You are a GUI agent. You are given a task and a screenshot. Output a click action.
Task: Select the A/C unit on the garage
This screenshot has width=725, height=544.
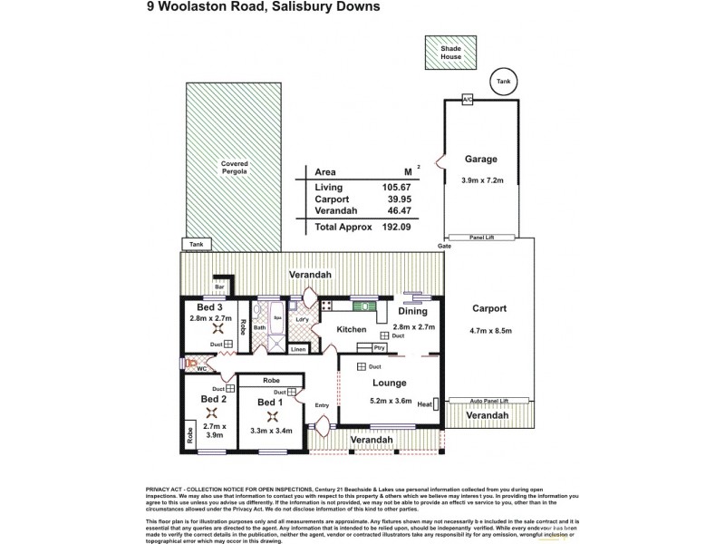coord(468,100)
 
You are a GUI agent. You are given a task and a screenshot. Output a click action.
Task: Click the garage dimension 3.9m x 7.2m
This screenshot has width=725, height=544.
coord(480,181)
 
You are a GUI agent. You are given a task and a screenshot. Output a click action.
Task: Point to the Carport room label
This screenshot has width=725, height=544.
coord(489,308)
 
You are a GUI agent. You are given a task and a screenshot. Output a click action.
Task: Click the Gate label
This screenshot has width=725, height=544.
coord(444,246)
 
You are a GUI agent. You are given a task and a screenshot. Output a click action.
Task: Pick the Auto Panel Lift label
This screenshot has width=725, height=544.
coord(489,400)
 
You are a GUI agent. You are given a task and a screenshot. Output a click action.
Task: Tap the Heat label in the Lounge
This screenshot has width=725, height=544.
coord(422,405)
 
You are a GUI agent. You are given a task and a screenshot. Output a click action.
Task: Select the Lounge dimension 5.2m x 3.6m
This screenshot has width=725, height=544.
coord(391,401)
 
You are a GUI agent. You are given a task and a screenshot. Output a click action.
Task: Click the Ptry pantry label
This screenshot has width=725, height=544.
coord(380,347)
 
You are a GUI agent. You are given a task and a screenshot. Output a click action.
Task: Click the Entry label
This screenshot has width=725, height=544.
coord(323,405)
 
